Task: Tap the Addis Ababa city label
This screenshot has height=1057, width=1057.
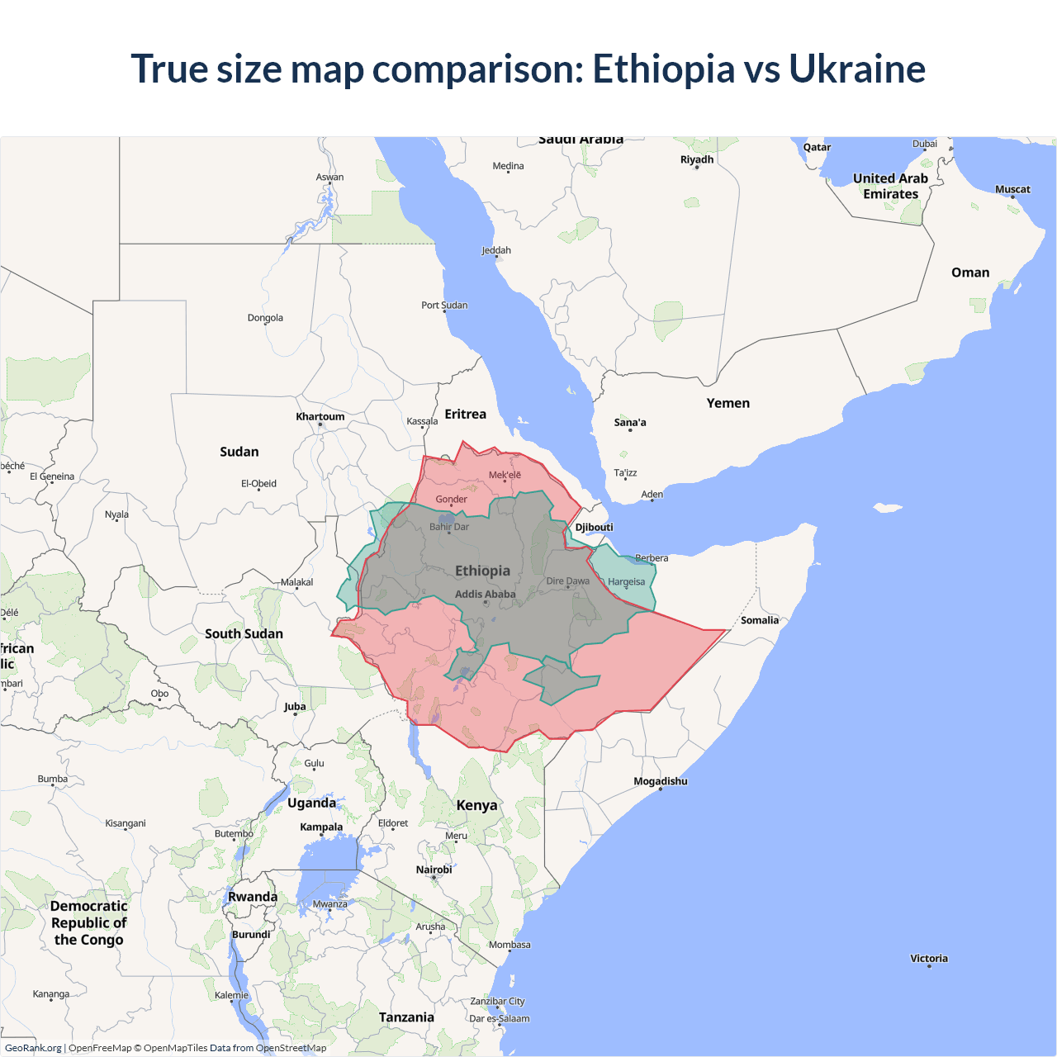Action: [485, 594]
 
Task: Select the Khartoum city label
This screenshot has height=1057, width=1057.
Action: [320, 416]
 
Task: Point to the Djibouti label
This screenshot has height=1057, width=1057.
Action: [594, 527]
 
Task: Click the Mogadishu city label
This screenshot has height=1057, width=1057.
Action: [660, 780]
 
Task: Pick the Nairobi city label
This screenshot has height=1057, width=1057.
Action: [434, 869]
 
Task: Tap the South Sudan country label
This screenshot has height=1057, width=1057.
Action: [244, 633]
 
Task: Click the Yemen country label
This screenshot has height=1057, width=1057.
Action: [728, 403]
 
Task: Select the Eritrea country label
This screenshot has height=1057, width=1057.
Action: [465, 414]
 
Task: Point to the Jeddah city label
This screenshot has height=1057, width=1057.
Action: [495, 250]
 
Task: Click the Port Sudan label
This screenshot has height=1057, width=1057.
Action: [444, 305]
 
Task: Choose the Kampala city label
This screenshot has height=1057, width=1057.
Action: [321, 827]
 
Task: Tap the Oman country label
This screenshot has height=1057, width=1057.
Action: [969, 273]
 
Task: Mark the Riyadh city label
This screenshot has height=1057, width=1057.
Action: [696, 159]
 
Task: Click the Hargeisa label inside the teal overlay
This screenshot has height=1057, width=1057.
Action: [626, 581]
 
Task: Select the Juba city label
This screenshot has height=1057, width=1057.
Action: [294, 706]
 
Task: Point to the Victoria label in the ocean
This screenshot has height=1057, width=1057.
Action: [928, 958]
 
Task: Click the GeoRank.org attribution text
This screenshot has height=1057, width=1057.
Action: [33, 1048]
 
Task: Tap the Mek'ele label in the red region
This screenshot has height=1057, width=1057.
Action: [505, 475]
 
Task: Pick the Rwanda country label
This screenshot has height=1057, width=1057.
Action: [253, 897]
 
